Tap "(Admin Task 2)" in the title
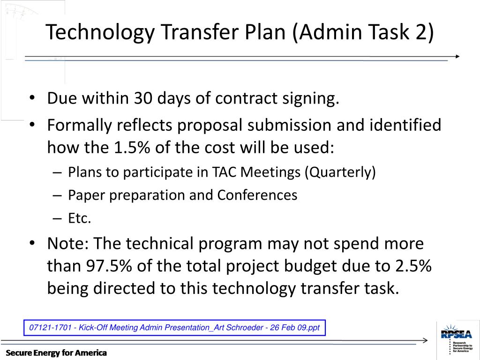coord(363,33)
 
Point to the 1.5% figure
coord(129,148)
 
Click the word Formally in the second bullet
coord(80,125)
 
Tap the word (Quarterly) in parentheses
coord(340,172)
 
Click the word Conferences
coord(257,195)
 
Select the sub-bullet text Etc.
coord(79,218)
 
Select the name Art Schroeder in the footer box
coord(238,328)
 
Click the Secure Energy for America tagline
coord(56,352)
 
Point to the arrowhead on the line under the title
coord(457,56)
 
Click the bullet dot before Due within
coord(32,99)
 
